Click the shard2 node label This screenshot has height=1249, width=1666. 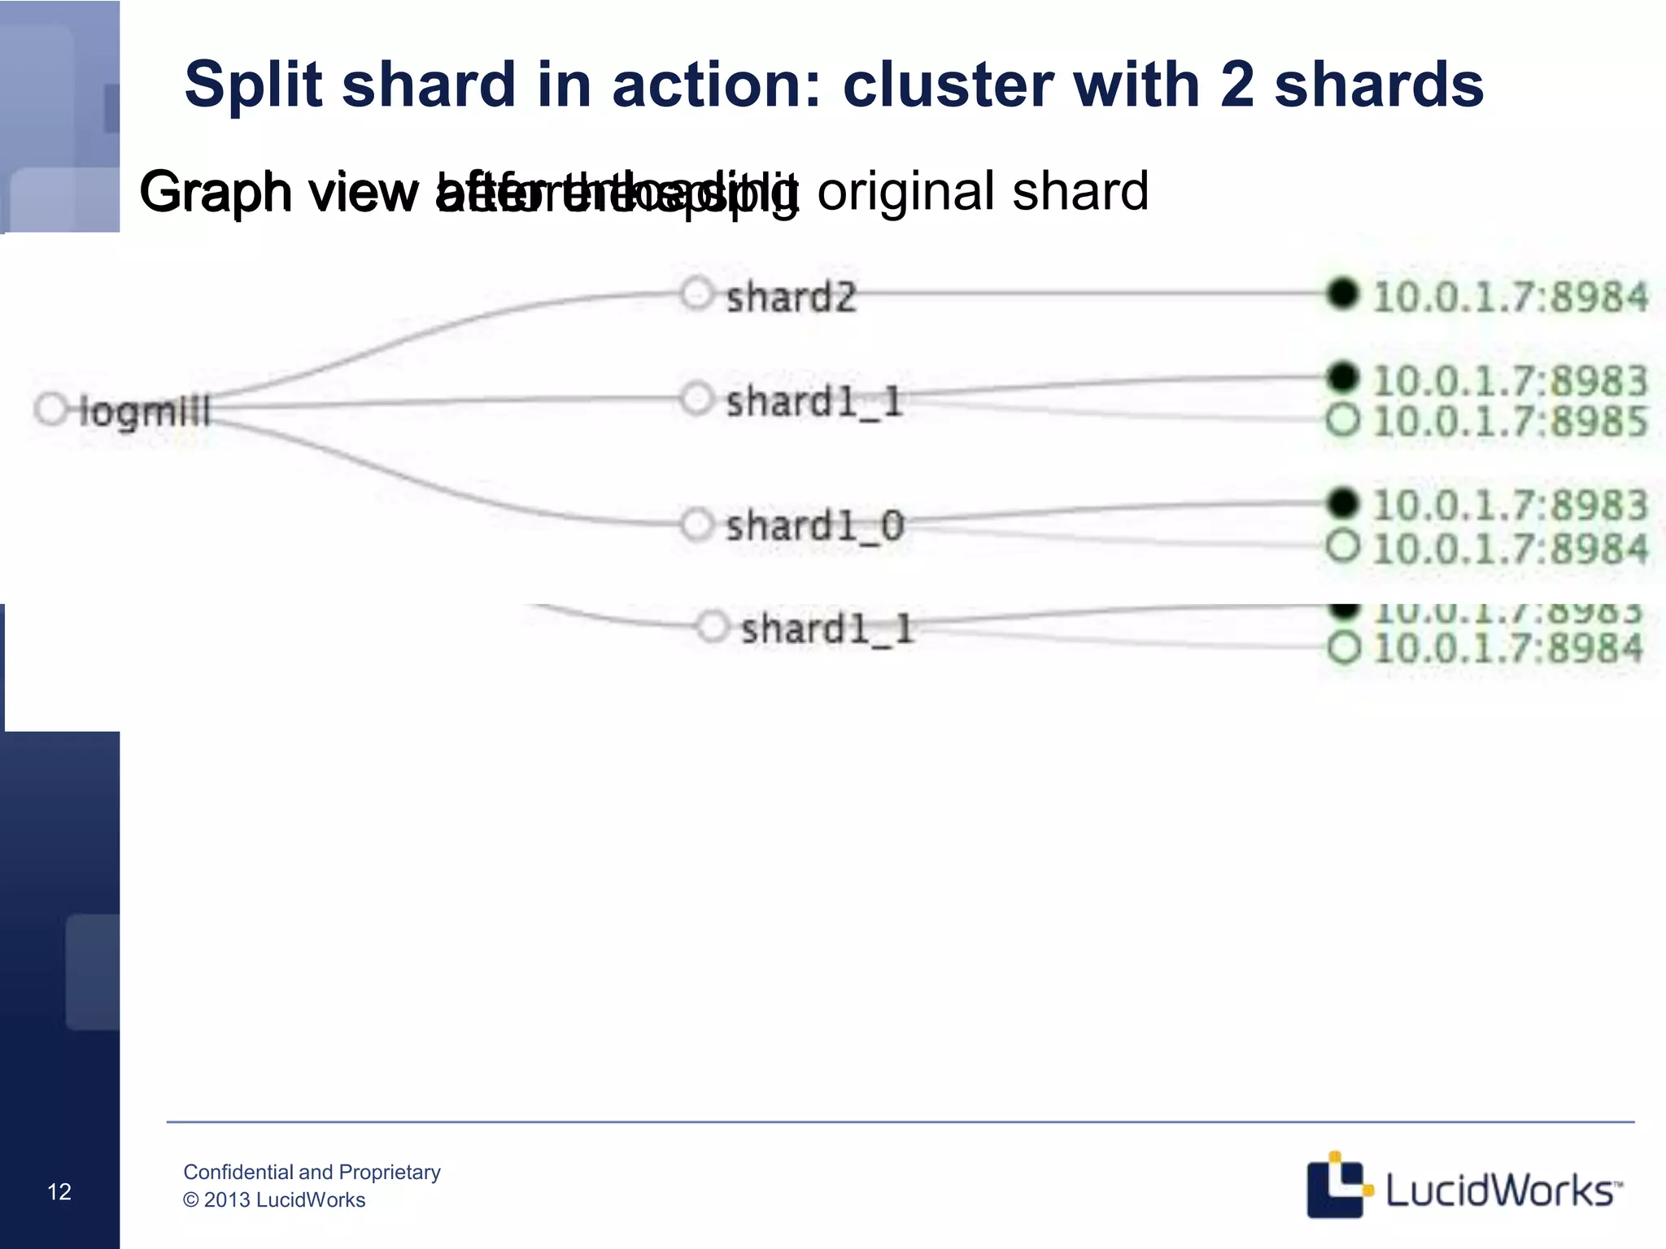791,298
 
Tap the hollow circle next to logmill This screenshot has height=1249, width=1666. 51,409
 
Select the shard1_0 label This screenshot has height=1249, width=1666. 814,526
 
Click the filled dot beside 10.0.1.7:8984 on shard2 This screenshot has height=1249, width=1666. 1342,294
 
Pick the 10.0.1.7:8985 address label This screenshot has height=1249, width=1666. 1510,421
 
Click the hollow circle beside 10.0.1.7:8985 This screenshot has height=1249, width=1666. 1342,420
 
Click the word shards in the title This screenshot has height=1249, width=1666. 1379,85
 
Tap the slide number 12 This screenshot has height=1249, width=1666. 59,1192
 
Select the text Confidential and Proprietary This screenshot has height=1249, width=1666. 312,1172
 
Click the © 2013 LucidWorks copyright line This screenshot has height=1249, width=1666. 274,1200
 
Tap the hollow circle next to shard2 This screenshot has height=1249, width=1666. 697,294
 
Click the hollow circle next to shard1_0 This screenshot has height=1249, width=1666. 697,524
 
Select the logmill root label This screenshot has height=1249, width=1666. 146,411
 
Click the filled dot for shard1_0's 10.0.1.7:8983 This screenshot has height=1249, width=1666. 1342,503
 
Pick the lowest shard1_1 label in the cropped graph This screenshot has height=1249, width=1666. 827,629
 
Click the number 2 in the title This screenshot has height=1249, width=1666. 1236,85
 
